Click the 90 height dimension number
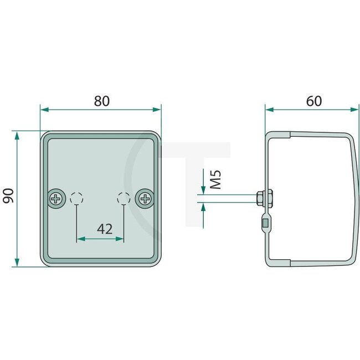[8, 196]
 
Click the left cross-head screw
[56, 198]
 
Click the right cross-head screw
[145, 198]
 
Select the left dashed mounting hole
[76, 198]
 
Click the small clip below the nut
[265, 223]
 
